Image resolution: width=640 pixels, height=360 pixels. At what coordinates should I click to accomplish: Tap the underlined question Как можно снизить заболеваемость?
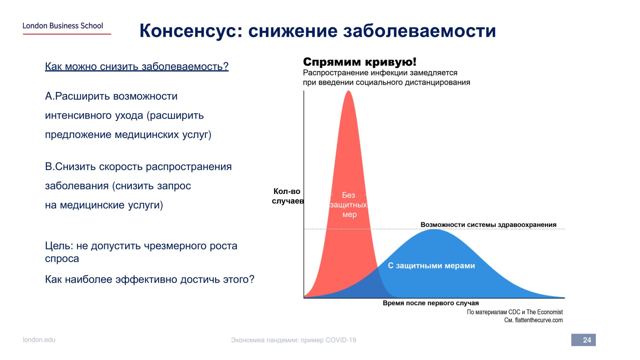[x=137, y=67]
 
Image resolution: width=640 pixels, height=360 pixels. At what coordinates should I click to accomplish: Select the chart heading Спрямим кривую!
[x=360, y=61]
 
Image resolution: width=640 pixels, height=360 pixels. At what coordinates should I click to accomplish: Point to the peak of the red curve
[x=348, y=91]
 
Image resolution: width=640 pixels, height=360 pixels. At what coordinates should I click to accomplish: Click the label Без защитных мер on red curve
[x=348, y=205]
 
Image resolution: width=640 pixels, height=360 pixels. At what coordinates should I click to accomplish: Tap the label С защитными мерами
[x=431, y=266]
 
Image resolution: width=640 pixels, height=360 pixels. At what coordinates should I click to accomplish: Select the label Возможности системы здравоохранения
[x=488, y=225]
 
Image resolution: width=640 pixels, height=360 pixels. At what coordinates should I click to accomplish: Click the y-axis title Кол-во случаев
[x=287, y=196]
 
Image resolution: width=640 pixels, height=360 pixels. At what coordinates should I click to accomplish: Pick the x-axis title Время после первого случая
[x=431, y=303]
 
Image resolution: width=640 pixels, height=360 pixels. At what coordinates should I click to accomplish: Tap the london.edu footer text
[x=39, y=340]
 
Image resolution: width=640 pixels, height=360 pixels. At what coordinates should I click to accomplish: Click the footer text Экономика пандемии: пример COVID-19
[x=293, y=340]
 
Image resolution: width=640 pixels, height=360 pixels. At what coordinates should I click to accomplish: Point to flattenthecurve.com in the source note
[x=539, y=320]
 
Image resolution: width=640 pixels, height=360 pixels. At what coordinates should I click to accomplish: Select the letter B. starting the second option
[x=50, y=167]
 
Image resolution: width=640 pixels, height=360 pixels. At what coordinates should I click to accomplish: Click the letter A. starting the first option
[x=50, y=96]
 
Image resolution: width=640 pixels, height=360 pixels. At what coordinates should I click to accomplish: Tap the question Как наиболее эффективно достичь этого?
[x=149, y=279]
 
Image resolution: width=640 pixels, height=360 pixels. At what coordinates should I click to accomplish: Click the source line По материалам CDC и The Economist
[x=515, y=312]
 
